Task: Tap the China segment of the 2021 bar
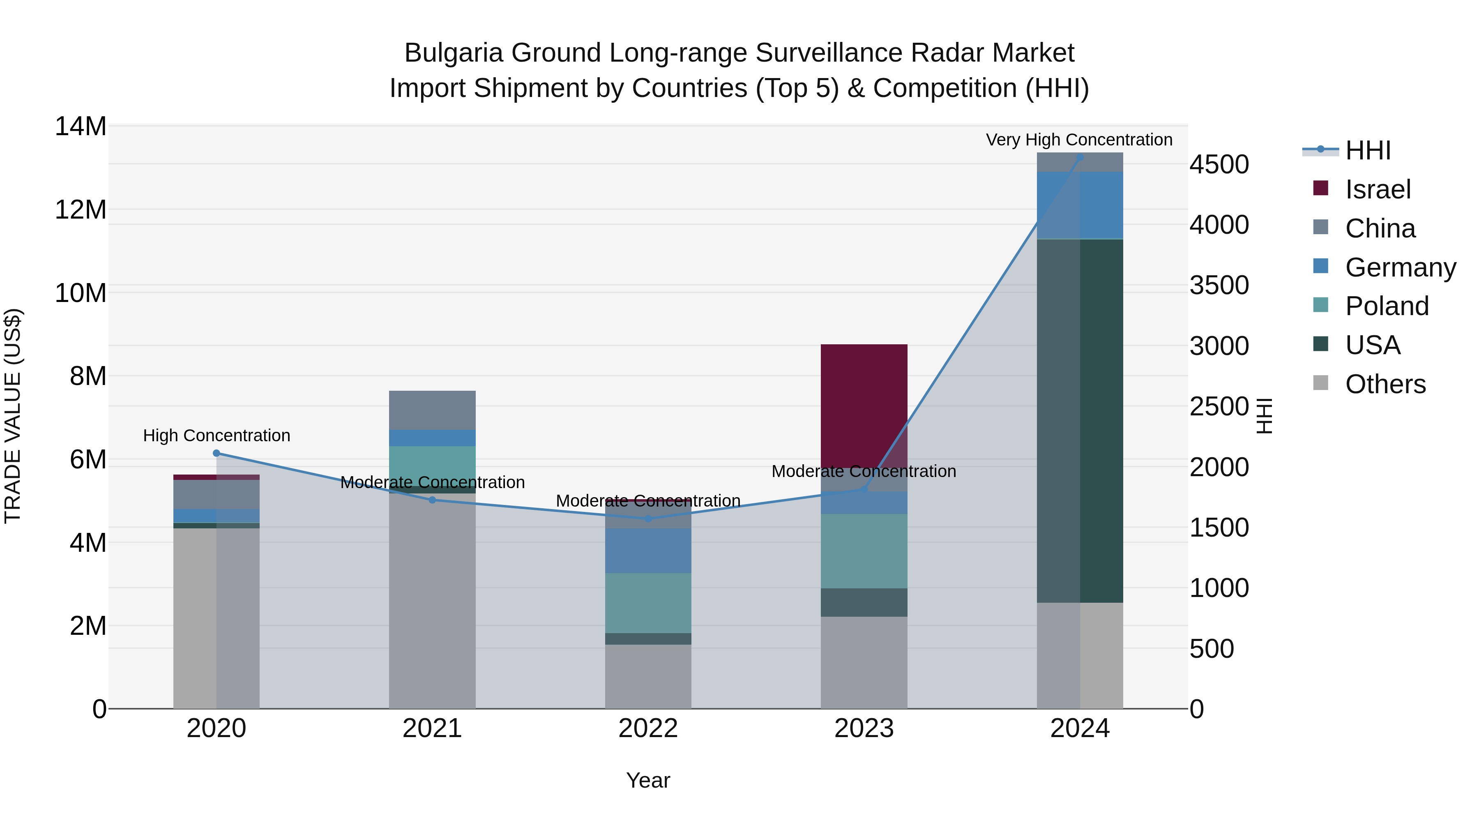click(432, 410)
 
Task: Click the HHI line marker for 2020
click(217, 453)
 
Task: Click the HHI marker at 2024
click(1079, 157)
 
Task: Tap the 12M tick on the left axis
click(81, 210)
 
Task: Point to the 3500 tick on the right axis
click(1219, 286)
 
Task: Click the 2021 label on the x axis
click(432, 728)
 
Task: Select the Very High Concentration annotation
click(1079, 140)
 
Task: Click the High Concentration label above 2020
click(217, 435)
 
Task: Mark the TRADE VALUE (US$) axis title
click(13, 416)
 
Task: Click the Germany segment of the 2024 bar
click(1079, 205)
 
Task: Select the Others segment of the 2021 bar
click(432, 600)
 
